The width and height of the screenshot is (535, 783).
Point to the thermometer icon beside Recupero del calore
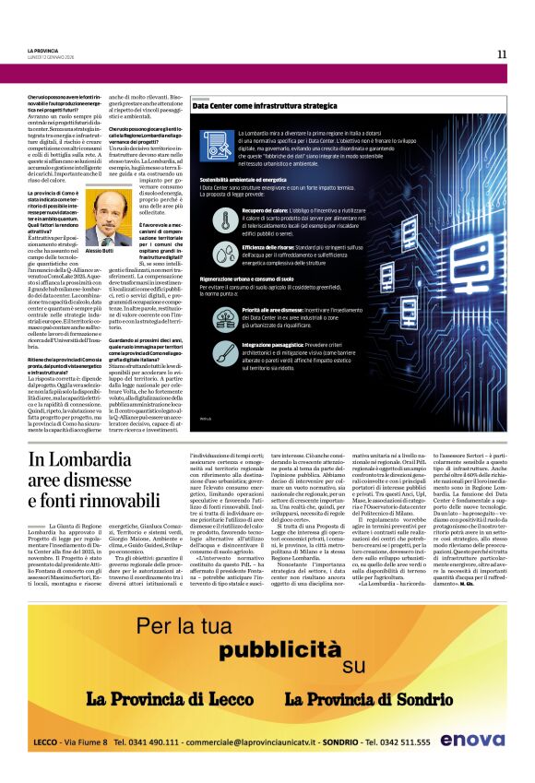coord(226,219)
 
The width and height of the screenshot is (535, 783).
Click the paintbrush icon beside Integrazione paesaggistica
coord(226,351)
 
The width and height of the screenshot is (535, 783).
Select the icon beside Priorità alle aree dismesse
coord(226,316)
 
